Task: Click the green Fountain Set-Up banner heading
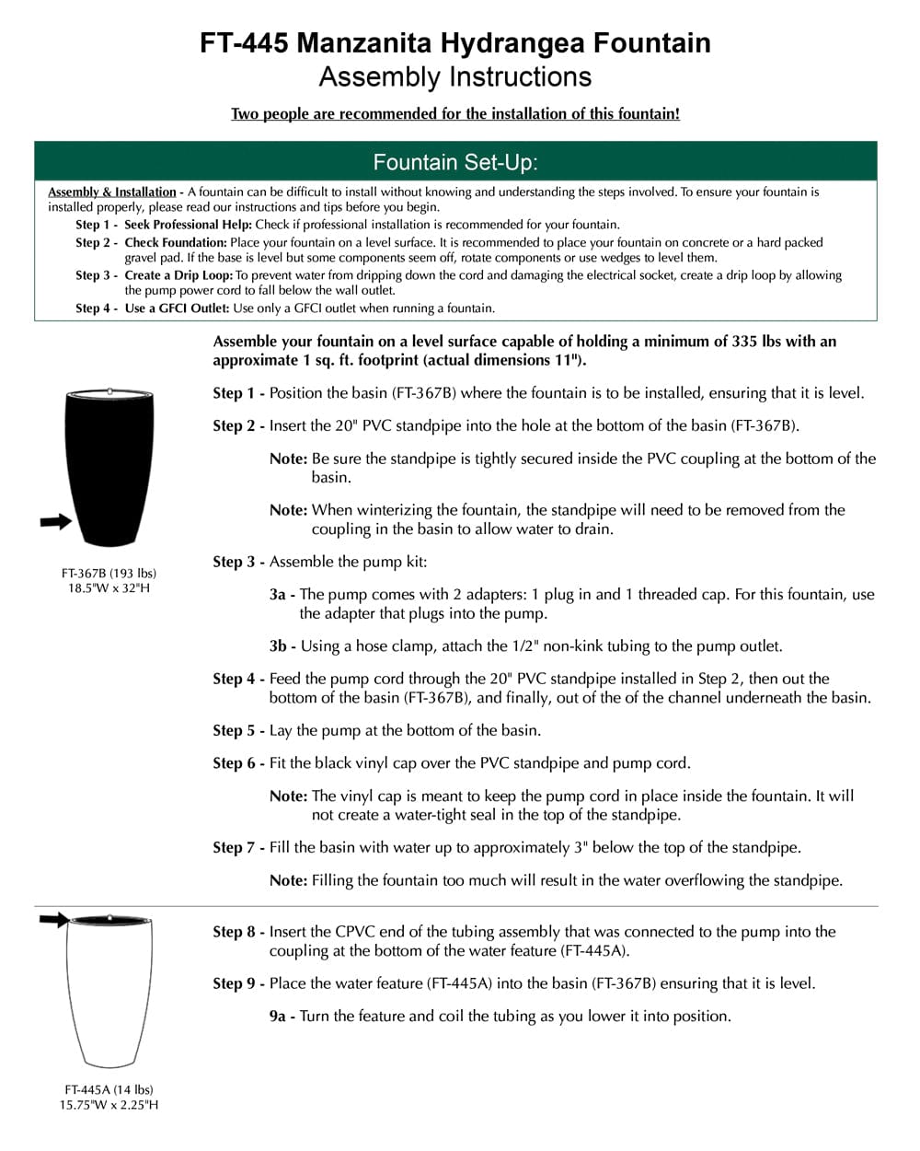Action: coord(455,163)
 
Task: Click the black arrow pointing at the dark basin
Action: coord(56,522)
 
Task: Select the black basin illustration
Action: coord(109,465)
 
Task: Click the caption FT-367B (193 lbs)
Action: coord(109,573)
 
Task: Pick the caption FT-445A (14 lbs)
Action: coord(109,1089)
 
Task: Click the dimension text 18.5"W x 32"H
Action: coord(109,587)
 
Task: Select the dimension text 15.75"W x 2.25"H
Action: coord(109,1104)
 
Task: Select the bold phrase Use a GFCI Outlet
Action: coord(178,308)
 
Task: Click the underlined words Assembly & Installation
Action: coord(112,192)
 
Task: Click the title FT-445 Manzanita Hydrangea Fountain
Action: coord(455,43)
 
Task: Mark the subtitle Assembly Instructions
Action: coord(455,77)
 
